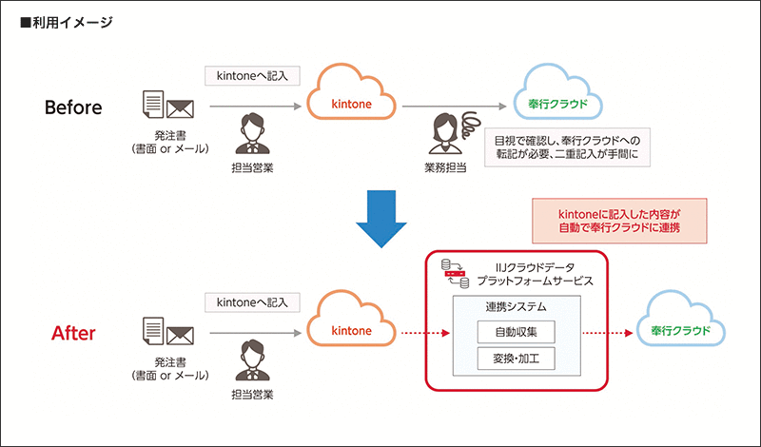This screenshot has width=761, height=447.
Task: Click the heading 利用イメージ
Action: (67, 22)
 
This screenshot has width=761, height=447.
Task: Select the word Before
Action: (73, 107)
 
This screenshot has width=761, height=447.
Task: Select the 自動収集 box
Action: (515, 334)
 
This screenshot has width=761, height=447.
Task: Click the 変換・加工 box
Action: (515, 360)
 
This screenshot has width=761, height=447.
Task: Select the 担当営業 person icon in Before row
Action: (248, 133)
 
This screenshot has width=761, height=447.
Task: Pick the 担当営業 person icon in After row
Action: (248, 360)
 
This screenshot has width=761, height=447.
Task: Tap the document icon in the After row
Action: (153, 327)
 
